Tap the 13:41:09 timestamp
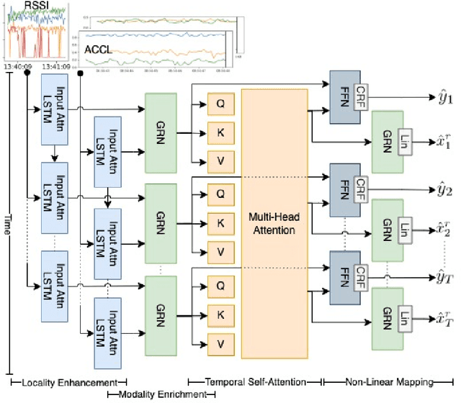tap(55, 65)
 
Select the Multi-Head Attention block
tap(274, 224)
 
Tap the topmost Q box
tap(220, 103)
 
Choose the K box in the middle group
tap(220, 223)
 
